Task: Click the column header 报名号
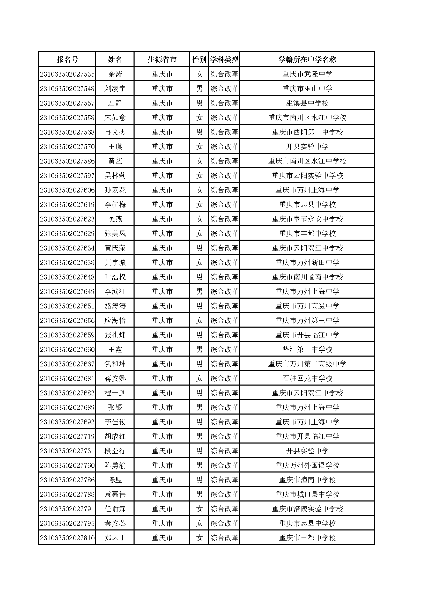tap(67, 60)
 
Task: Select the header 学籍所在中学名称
tap(307, 60)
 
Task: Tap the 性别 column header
tap(199, 60)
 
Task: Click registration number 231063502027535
tap(67, 74)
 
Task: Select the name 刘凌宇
tap(115, 89)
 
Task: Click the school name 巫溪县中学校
tap(307, 103)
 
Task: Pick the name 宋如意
tap(115, 118)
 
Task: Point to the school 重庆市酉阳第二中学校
tap(307, 132)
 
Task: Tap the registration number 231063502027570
tap(67, 147)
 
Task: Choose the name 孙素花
tap(115, 190)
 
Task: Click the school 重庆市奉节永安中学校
tap(307, 219)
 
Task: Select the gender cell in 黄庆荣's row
tap(199, 248)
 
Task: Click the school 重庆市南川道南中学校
tap(307, 277)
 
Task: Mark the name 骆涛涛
tap(115, 306)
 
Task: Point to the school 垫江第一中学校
tap(307, 350)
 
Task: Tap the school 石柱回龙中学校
tap(307, 379)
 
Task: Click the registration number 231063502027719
tap(67, 437)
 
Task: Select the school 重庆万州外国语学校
tap(307, 466)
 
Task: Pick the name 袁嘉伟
tap(115, 495)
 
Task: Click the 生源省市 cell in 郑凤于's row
tap(162, 538)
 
